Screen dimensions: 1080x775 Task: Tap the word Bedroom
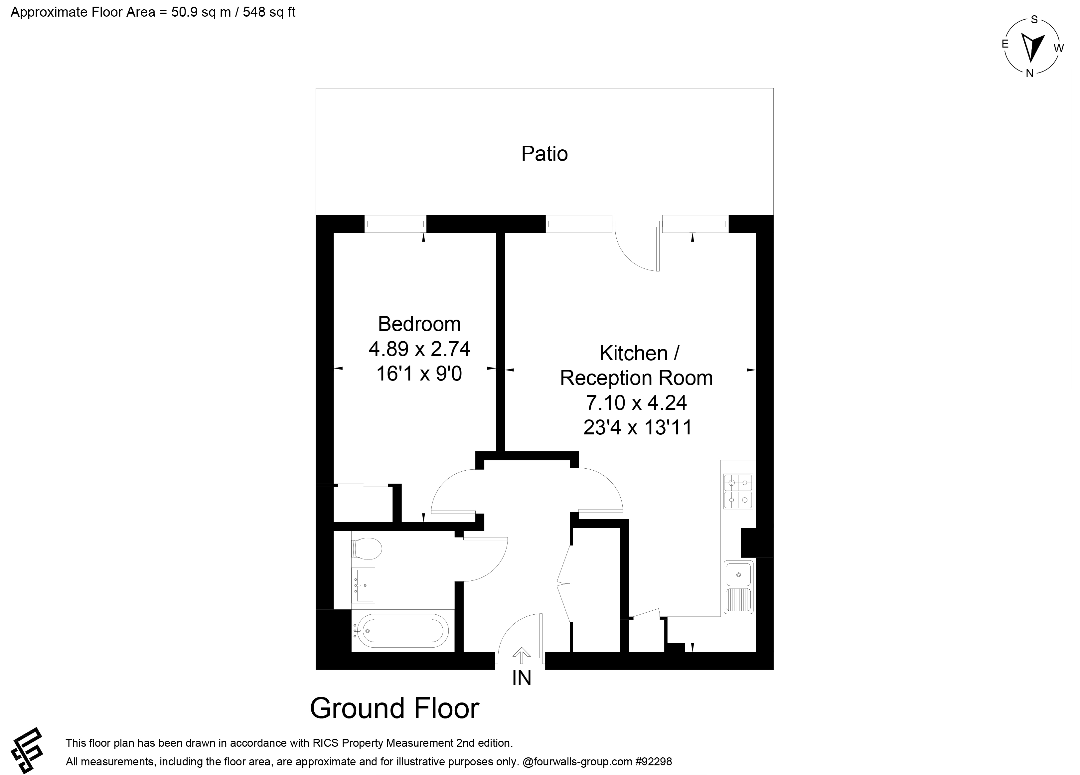419,324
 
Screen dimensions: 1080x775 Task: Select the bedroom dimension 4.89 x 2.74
419,349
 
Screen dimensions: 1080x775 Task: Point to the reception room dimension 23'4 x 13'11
637,427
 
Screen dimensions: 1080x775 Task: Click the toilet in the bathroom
367,548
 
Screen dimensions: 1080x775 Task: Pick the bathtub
402,631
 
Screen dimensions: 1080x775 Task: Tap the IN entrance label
522,678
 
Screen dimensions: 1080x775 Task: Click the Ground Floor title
394,708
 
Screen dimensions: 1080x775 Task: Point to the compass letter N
1029,74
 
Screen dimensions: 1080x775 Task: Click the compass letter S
1034,20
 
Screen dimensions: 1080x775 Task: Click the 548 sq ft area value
269,12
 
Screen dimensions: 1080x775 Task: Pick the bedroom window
395,224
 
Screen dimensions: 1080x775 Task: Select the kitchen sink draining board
739,600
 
